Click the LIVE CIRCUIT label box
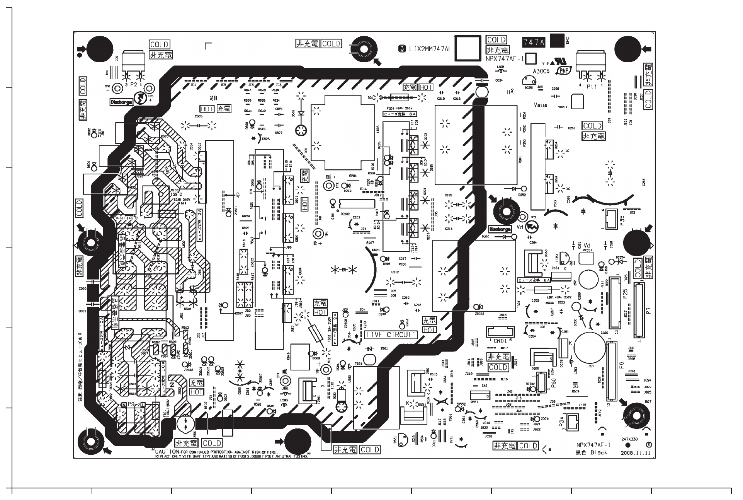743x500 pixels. point(390,335)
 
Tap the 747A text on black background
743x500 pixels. point(534,43)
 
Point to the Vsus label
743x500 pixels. point(540,105)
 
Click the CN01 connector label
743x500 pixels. point(500,341)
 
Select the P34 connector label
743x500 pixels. point(562,421)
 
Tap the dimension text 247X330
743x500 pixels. point(629,439)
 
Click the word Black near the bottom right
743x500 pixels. point(598,452)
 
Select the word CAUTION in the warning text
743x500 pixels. point(167,452)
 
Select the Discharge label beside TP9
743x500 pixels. point(500,229)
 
